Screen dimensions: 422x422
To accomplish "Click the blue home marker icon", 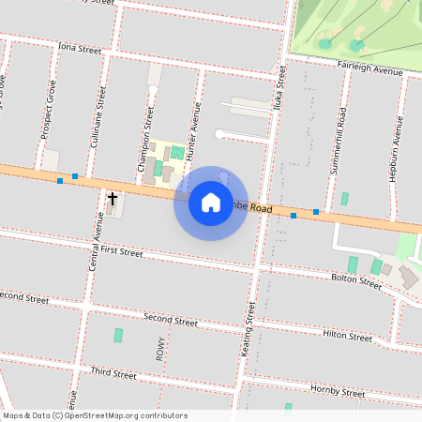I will [x=211, y=203].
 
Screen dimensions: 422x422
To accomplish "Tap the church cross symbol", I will [x=113, y=199].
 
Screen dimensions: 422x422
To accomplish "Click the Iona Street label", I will [x=79, y=47].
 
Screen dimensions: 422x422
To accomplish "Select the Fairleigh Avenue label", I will [x=369, y=68].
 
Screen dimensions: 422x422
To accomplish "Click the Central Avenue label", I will [x=96, y=242].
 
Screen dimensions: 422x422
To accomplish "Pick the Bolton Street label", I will [x=356, y=280].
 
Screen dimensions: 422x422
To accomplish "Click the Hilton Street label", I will [x=348, y=334].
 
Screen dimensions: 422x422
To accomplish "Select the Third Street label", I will [x=113, y=373].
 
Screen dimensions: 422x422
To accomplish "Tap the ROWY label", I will [x=160, y=349].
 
